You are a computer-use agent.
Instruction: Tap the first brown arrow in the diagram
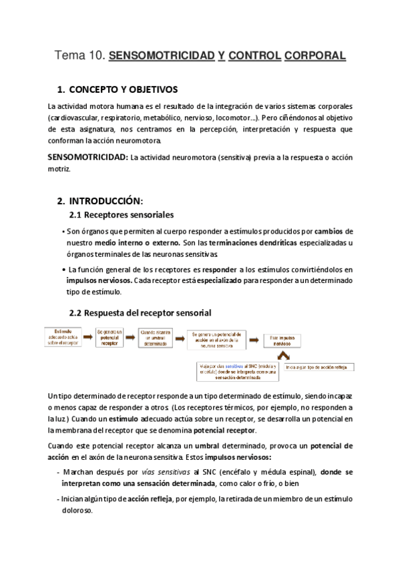click(90, 334)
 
